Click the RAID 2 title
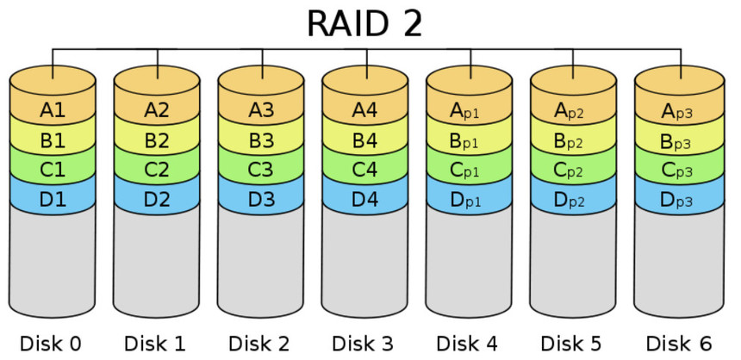(364, 23)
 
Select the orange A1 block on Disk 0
(53, 110)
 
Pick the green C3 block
(261, 171)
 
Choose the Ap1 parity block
(470, 110)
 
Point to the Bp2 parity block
(574, 141)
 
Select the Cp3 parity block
(678, 171)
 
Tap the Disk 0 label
(51, 344)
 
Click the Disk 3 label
(364, 344)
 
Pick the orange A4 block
(365, 110)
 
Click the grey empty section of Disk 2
(261, 263)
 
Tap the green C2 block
(157, 171)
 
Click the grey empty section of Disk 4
(470, 263)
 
